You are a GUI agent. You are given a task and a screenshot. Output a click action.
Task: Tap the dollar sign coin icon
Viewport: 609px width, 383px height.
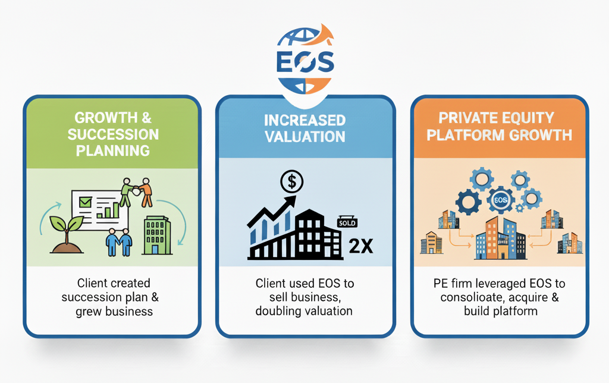pos(291,181)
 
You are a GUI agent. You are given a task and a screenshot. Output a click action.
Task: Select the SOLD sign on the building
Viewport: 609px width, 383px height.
pos(349,222)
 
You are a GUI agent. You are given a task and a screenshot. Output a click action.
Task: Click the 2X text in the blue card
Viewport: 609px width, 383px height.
pos(360,246)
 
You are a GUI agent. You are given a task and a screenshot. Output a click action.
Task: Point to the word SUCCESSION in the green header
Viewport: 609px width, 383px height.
pos(113,134)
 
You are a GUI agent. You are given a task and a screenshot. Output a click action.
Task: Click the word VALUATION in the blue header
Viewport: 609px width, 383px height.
pos(305,137)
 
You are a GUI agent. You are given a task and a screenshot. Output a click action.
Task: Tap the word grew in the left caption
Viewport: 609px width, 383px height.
pos(89,312)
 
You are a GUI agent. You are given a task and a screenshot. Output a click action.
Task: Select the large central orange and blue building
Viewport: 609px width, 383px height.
pos(500,238)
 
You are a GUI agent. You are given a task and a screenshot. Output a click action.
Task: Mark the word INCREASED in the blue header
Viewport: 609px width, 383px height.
pos(305,120)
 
